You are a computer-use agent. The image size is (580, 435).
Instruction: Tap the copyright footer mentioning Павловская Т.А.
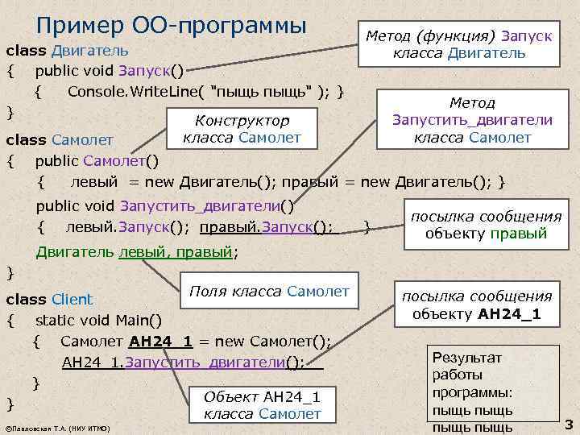pyautogui.click(x=57, y=426)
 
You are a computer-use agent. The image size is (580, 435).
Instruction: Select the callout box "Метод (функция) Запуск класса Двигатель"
pyautogui.click(x=459, y=44)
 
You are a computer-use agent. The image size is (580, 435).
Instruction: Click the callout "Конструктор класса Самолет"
pyautogui.click(x=242, y=129)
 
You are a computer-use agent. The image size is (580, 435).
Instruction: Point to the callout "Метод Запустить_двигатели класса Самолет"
pyautogui.click(x=472, y=120)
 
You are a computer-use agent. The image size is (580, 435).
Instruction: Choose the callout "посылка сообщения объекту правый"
pyautogui.click(x=486, y=226)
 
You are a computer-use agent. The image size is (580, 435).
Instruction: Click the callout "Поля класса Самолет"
pyautogui.click(x=269, y=291)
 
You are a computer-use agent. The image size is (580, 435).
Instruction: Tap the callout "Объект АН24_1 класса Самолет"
pyautogui.click(x=262, y=405)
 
